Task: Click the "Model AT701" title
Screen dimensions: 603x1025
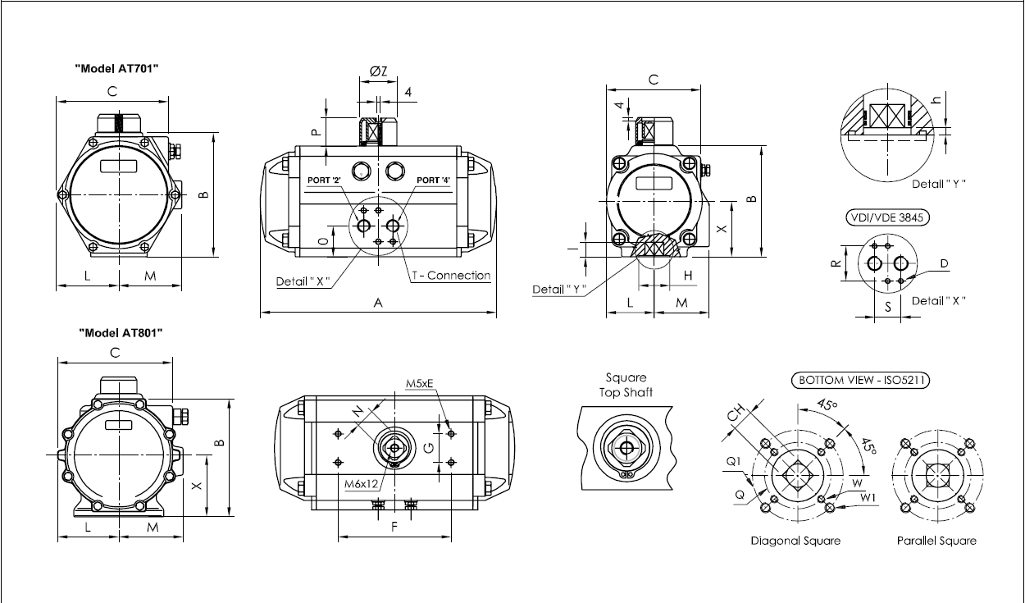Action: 117,69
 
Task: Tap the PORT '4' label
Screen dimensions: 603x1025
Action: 433,180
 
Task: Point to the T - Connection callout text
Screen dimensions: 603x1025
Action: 450,276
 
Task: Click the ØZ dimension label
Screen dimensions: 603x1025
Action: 379,72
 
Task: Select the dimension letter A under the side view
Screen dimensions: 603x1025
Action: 378,303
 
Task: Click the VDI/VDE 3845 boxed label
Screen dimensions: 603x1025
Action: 881,217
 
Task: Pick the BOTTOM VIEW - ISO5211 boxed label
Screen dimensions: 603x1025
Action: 853,380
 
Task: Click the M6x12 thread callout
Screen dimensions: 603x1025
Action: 360,484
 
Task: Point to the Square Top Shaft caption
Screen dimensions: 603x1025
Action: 626,385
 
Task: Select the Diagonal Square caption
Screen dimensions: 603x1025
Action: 795,541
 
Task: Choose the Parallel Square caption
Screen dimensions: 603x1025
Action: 936,541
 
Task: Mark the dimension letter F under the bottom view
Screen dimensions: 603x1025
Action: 394,528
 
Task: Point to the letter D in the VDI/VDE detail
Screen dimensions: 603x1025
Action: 944,263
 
